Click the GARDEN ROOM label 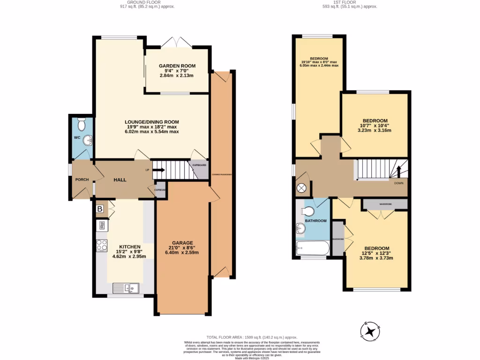pos(177,66)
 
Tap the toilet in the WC pos(81,125)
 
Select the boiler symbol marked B pos(100,209)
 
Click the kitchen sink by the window pos(126,287)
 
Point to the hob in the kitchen pos(102,245)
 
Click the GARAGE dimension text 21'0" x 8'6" pos(182,247)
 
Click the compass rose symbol pos(371,331)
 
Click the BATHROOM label pos(315,220)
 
